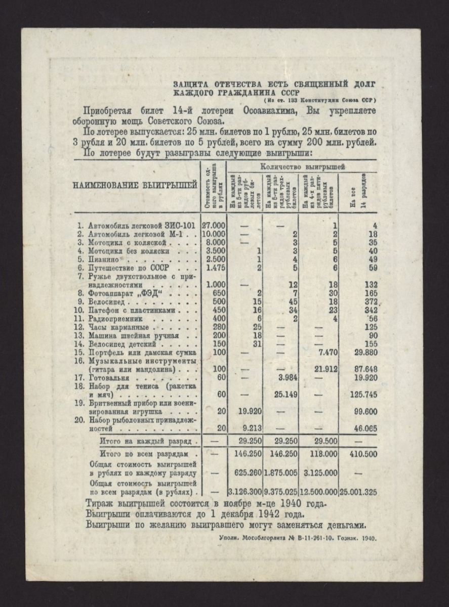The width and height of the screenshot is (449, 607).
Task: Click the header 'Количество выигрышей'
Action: click(x=302, y=166)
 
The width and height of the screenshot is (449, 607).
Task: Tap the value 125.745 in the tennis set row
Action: click(x=363, y=395)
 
